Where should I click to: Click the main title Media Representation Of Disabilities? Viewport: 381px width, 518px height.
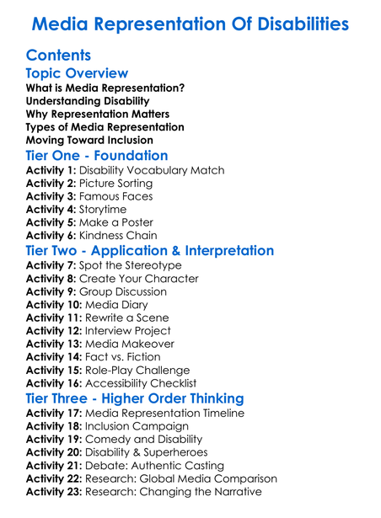pyautogui.click(x=190, y=23)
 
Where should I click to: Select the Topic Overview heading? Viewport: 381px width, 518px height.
pyautogui.click(x=78, y=74)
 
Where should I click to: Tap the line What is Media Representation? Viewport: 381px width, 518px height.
pyautogui.click(x=105, y=88)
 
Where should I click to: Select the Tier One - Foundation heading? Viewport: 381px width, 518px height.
pyautogui.click(x=97, y=156)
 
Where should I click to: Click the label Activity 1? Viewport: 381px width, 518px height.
pyautogui.click(x=51, y=170)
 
